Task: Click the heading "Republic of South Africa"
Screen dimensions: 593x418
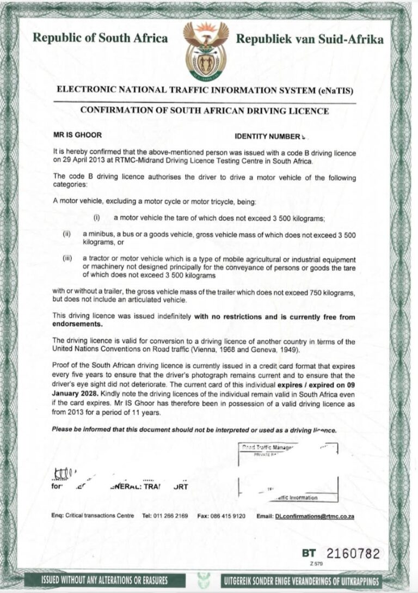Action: point(101,39)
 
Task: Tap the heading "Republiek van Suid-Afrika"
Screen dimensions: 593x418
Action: point(310,39)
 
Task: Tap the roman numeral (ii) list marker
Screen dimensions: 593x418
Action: point(68,234)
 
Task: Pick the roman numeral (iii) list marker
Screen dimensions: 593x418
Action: point(67,259)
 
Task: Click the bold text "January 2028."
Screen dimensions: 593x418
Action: point(75,393)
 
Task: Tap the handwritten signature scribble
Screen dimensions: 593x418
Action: point(64,472)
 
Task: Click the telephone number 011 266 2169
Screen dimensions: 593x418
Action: point(170,516)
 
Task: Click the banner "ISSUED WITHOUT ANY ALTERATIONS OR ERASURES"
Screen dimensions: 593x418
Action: point(104,579)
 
